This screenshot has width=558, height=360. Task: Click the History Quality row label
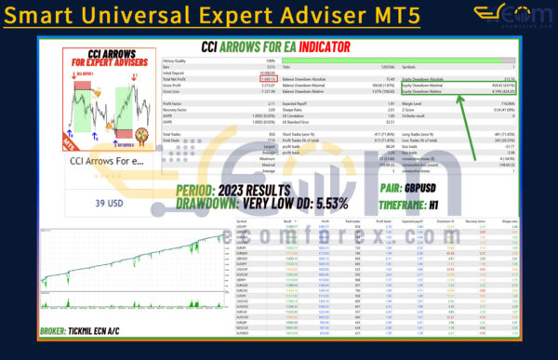pyautogui.click(x=176, y=61)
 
